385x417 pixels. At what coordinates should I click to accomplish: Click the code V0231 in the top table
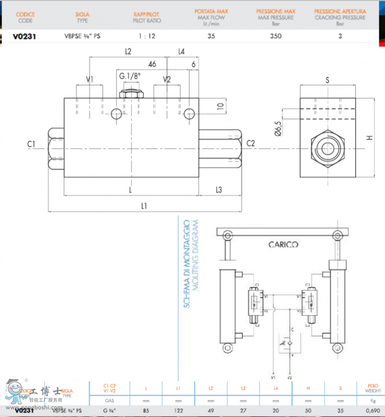tap(25, 36)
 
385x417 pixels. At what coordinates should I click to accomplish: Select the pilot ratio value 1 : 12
tap(147, 36)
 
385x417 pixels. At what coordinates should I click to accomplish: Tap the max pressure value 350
tap(276, 36)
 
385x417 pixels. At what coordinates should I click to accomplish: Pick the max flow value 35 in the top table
tap(211, 36)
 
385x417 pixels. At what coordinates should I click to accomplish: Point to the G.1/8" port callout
tap(130, 76)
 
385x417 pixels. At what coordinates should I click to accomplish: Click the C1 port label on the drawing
tap(32, 143)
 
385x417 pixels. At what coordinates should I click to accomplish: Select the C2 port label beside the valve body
tap(251, 143)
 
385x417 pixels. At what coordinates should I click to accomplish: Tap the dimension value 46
tap(152, 64)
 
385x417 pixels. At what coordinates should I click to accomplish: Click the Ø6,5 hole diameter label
tap(279, 129)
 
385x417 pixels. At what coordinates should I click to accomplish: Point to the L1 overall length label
tap(144, 206)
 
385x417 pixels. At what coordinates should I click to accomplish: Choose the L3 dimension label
tap(218, 190)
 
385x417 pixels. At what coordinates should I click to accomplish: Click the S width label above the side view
tap(327, 81)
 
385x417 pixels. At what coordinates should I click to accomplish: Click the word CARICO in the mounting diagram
tap(283, 244)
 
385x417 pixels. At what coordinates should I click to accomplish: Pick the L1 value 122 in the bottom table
tap(178, 410)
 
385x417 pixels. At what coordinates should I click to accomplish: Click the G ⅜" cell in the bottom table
tap(110, 410)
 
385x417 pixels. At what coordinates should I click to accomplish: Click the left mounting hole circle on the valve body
tap(116, 114)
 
